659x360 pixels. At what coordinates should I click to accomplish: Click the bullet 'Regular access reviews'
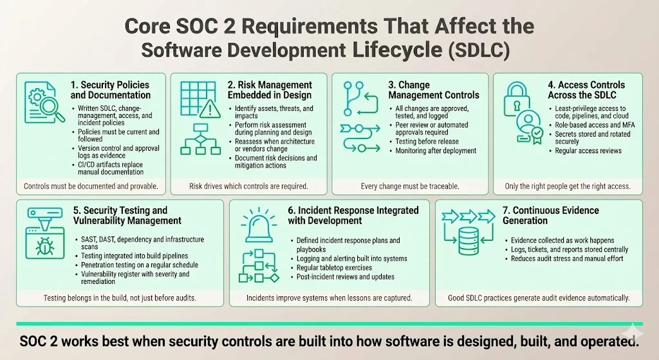588,151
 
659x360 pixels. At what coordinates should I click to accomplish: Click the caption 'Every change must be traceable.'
409,186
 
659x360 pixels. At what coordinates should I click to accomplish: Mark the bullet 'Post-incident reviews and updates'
342,277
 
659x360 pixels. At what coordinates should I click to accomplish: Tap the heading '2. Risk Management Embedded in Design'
274,90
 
